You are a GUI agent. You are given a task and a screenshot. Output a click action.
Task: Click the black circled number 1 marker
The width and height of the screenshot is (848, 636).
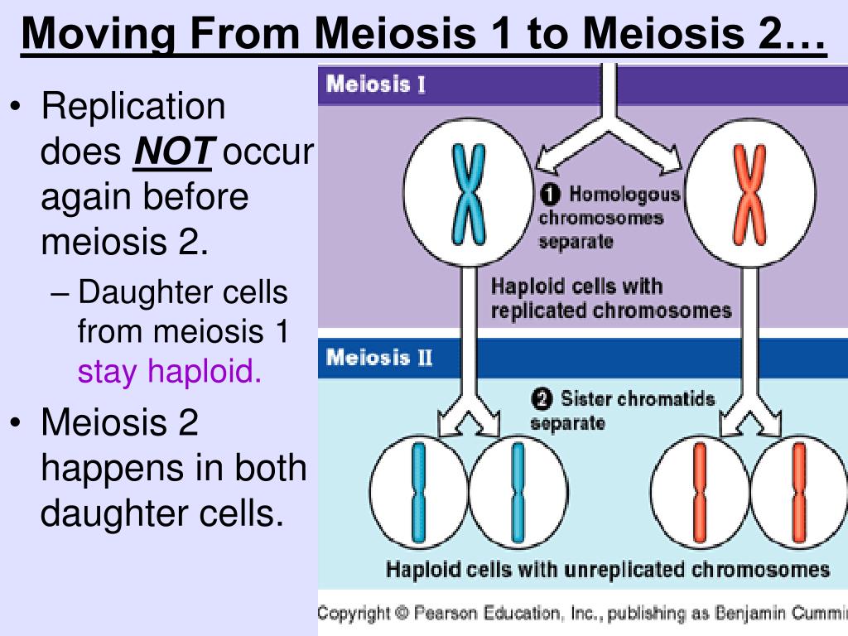click(x=551, y=195)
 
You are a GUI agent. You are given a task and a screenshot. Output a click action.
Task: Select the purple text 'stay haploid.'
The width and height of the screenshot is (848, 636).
click(x=170, y=372)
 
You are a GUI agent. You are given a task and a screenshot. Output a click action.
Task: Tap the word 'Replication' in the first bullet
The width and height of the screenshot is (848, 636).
click(x=133, y=107)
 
